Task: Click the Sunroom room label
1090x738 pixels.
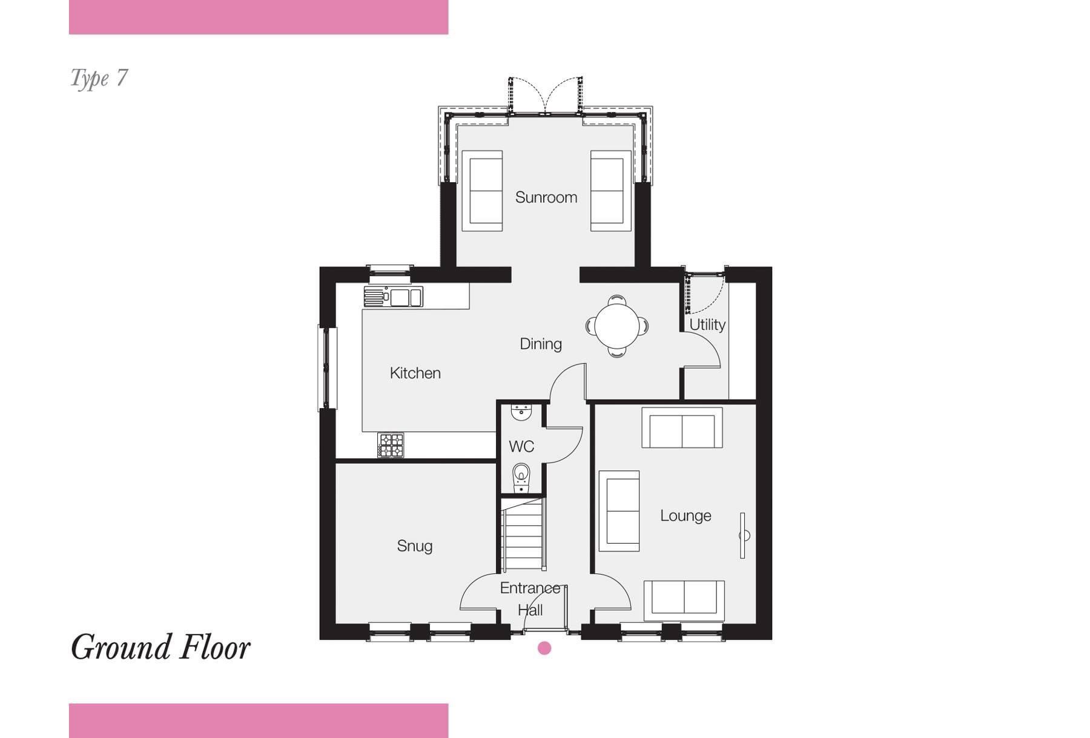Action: pyautogui.click(x=546, y=197)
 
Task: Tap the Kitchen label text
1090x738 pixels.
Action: pyautogui.click(x=415, y=373)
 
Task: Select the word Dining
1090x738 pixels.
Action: pyautogui.click(x=541, y=344)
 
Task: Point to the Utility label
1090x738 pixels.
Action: pyautogui.click(x=707, y=325)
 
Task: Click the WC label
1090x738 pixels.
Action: pyautogui.click(x=521, y=447)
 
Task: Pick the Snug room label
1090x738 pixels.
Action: pyautogui.click(x=414, y=546)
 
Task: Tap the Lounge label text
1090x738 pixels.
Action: pyautogui.click(x=685, y=516)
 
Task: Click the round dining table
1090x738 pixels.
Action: pyautogui.click(x=616, y=326)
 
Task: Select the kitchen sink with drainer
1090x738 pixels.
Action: pyautogui.click(x=393, y=297)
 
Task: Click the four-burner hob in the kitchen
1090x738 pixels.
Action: pyautogui.click(x=391, y=445)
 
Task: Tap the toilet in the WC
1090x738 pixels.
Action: pyautogui.click(x=521, y=478)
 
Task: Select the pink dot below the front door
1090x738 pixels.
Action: pyautogui.click(x=544, y=648)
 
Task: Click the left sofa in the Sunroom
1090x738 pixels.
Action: pyautogui.click(x=482, y=191)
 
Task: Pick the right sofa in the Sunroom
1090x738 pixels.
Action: pyautogui.click(x=611, y=191)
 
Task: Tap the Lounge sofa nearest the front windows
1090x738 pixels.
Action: pyautogui.click(x=684, y=601)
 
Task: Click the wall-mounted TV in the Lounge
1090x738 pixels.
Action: pyautogui.click(x=743, y=536)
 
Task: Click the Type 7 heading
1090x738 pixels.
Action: pyautogui.click(x=99, y=79)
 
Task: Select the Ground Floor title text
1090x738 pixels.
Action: pyautogui.click(x=160, y=647)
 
